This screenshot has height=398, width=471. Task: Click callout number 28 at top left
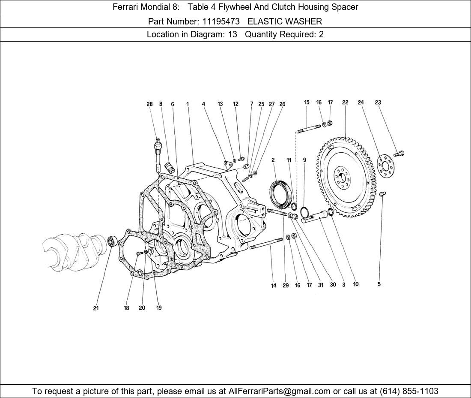149,104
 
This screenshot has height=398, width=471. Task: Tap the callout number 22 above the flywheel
345,103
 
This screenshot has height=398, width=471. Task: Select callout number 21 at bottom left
96,308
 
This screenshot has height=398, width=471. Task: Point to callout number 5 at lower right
379,284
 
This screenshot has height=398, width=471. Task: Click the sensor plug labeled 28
158,146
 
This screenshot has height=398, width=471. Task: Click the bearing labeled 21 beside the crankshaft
112,241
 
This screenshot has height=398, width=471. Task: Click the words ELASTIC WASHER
285,21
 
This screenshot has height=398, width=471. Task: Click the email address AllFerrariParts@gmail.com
280,391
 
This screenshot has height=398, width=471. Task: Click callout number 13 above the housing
220,104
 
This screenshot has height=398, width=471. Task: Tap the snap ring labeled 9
305,212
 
